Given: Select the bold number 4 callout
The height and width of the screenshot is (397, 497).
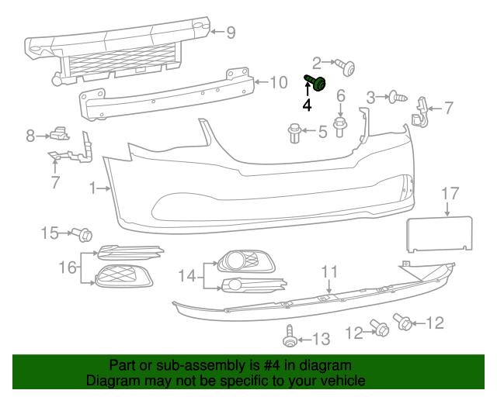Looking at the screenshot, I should pos(307,105).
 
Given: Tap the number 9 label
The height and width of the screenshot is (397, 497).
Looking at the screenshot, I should pos(231,33).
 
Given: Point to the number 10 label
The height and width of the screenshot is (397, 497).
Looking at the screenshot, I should pos(278,81).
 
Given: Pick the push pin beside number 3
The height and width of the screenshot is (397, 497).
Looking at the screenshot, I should pos(398,98).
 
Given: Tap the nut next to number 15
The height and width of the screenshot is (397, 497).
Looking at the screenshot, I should pos(84,233).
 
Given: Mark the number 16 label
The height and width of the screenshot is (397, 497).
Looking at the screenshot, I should pos(68,268).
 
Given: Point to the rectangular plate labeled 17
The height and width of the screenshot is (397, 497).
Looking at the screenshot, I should pos(441,233).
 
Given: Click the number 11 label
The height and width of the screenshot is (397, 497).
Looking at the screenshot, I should pos(329,271).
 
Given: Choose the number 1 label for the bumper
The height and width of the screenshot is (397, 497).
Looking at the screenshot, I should pos(92,188).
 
